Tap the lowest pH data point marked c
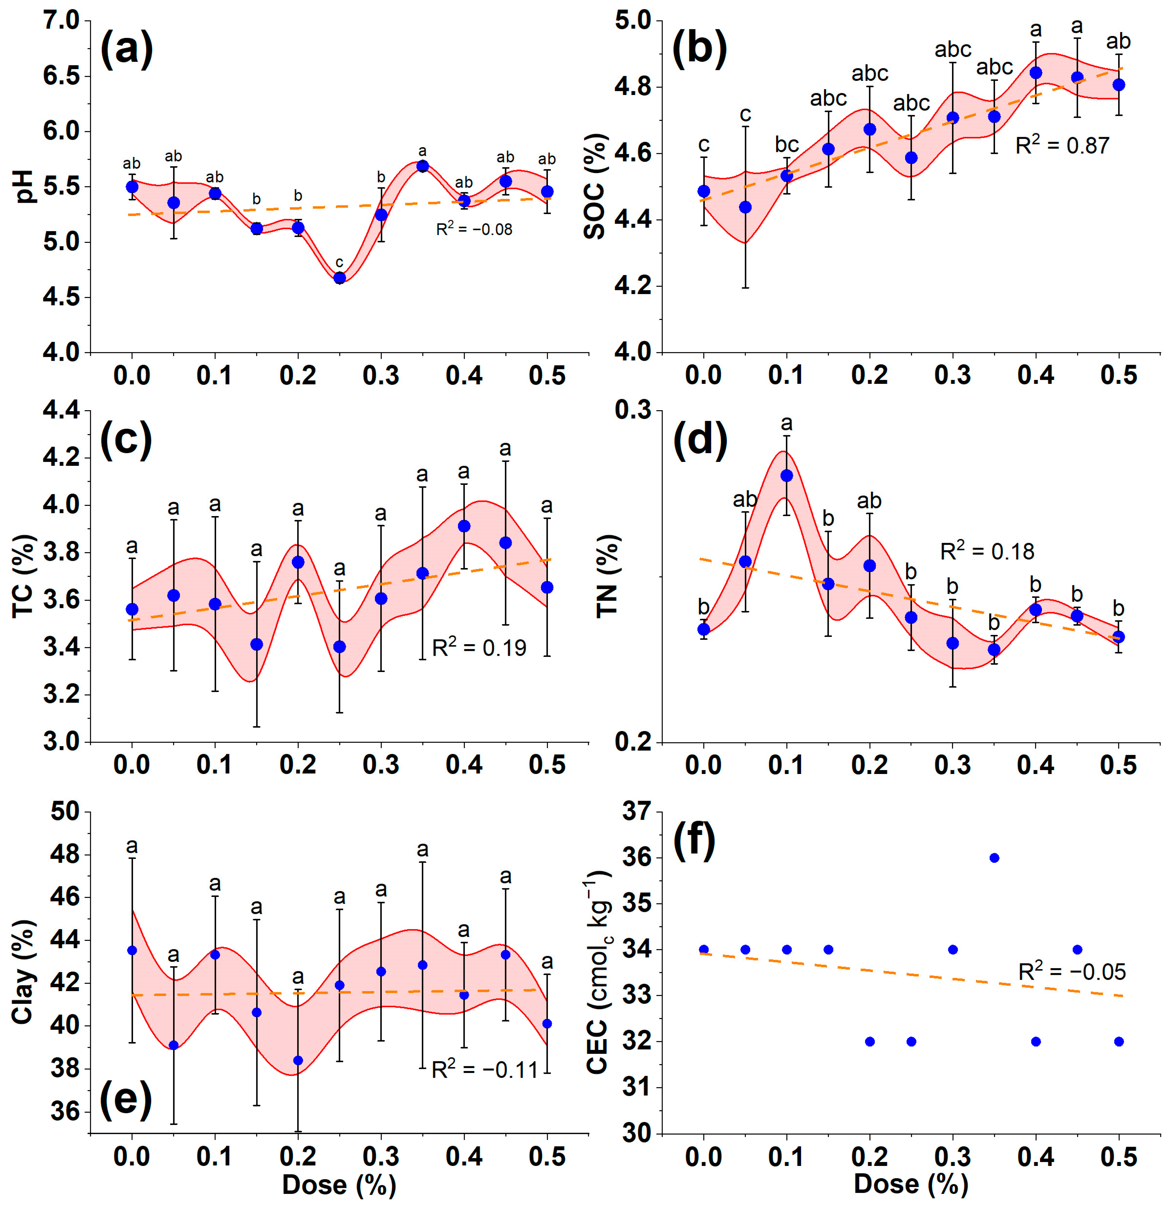339,278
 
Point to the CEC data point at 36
994,857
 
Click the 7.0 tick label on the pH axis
62,21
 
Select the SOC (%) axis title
595,187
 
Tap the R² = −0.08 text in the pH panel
474,229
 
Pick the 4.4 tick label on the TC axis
62,410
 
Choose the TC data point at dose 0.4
464,526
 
